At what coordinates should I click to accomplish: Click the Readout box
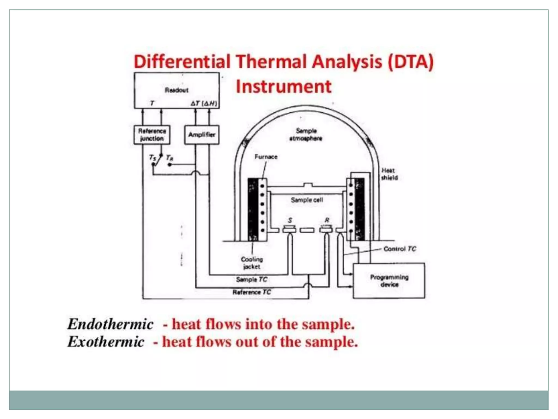tap(177, 90)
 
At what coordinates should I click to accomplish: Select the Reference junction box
tap(152, 135)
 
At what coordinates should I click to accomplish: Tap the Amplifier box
tap(202, 135)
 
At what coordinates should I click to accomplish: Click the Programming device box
tap(389, 281)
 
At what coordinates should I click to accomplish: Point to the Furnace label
tap(266, 157)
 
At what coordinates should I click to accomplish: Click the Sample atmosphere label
tap(306, 135)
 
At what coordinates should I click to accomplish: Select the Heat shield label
tap(389, 174)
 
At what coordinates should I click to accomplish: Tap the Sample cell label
tap(307, 200)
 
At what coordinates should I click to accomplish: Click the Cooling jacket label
tap(252, 263)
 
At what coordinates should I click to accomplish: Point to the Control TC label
tap(399, 249)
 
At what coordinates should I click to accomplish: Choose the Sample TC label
tap(251, 280)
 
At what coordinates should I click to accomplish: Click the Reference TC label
tap(251, 292)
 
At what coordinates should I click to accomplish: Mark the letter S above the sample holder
tap(290, 220)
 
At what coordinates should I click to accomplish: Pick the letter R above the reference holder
tap(327, 220)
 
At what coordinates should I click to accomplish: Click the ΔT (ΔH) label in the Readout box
tap(204, 104)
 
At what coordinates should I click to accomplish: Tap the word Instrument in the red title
tap(283, 87)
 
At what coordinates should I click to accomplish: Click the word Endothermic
tap(110, 324)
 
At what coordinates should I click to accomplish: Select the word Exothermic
tap(106, 342)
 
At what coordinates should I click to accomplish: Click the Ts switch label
tap(153, 158)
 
